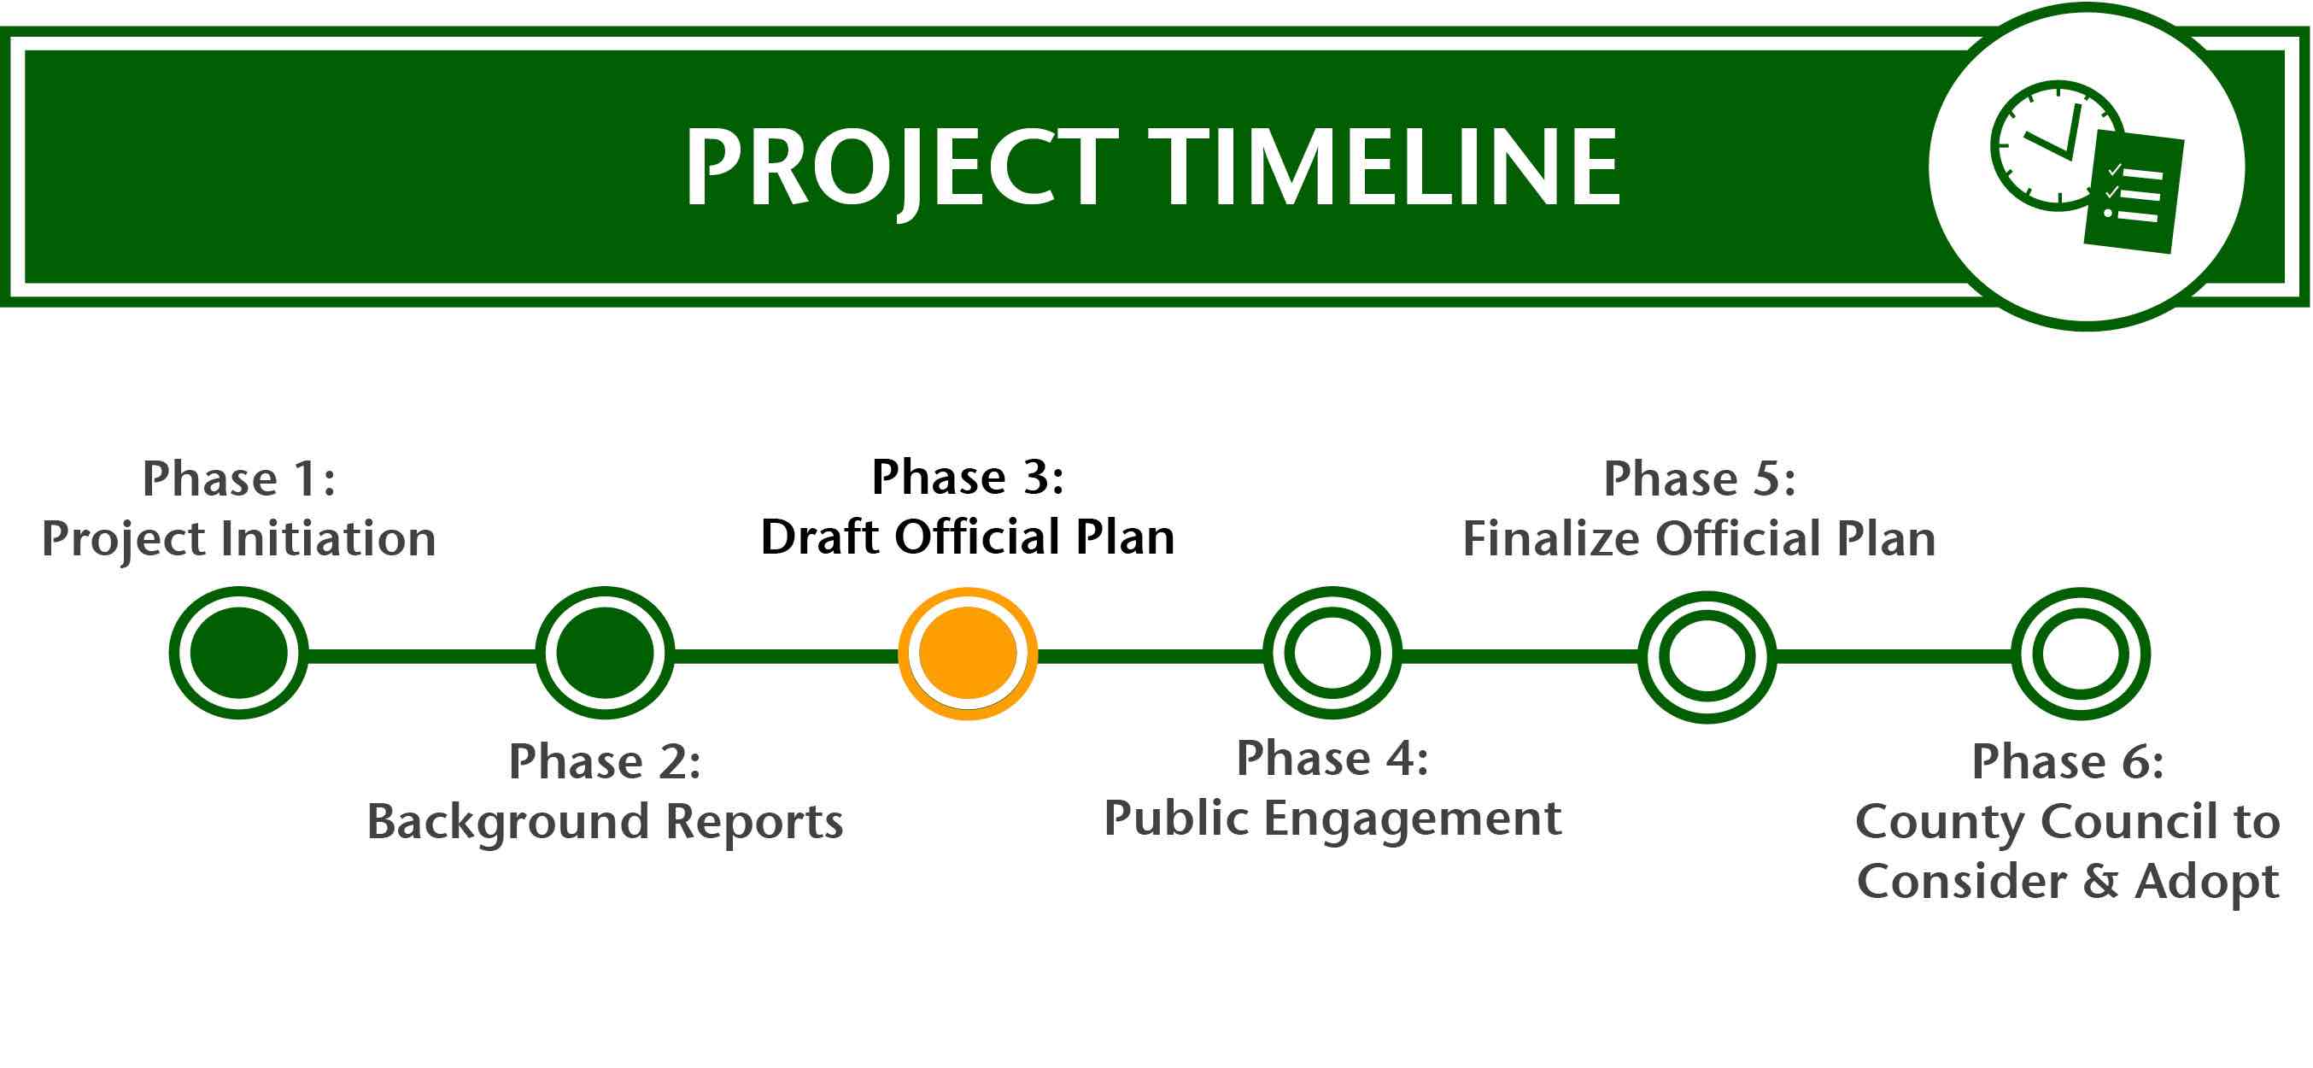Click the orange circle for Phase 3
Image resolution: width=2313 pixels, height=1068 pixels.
coord(968,653)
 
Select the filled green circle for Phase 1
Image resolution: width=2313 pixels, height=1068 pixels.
coord(239,653)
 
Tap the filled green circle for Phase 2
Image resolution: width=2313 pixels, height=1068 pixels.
coord(606,653)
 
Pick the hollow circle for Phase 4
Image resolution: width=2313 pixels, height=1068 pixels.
coord(1332,653)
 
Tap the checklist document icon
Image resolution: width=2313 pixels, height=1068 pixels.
coord(2134,192)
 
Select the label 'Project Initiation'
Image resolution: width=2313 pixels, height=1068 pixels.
coord(239,540)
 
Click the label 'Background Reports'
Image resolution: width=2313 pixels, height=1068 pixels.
coord(606,822)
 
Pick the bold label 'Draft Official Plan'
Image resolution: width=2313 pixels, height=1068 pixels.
coord(968,537)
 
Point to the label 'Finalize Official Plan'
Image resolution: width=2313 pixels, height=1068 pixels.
coord(1700,539)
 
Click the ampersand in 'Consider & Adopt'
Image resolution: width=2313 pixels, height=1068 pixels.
coord(2101,881)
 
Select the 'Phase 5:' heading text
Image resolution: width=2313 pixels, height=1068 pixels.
coord(1700,478)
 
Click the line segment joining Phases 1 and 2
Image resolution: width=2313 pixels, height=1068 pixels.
coord(422,655)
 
